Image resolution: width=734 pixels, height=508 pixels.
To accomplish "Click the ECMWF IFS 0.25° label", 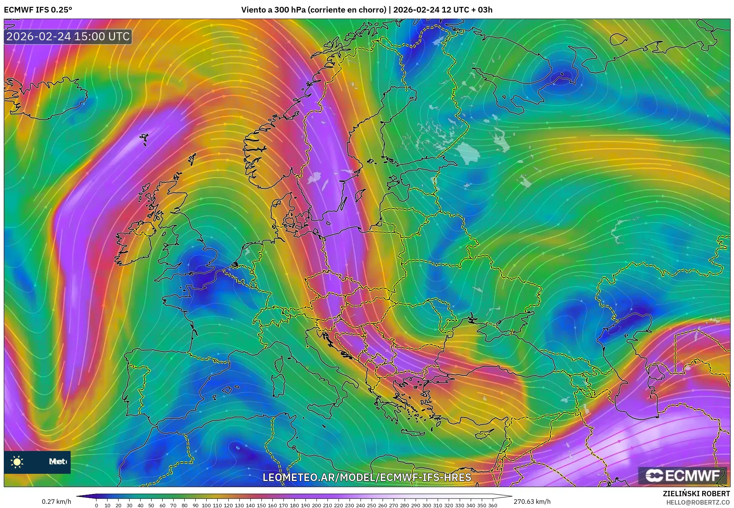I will tap(38, 10).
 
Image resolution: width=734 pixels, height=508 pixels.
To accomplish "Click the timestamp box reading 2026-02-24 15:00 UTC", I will tap(68, 36).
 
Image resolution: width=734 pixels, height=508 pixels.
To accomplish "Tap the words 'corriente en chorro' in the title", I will tap(346, 10).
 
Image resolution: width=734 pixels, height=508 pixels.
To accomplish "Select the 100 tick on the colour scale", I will tap(206, 505).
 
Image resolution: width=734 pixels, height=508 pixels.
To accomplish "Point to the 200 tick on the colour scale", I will tap(316, 505).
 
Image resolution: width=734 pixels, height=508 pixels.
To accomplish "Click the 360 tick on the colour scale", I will tap(492, 505).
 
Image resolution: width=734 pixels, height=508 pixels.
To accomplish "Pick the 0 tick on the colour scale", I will tap(96, 505).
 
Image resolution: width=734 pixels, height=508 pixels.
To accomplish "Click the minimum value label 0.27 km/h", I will tap(56, 502).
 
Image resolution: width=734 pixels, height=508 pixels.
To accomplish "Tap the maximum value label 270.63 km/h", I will tap(532, 502).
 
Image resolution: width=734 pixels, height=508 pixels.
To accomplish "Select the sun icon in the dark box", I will tap(17, 462).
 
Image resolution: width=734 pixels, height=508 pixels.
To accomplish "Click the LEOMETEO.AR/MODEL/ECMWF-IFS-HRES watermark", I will tap(367, 477).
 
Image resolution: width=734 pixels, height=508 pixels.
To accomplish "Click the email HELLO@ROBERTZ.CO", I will tap(698, 502).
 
